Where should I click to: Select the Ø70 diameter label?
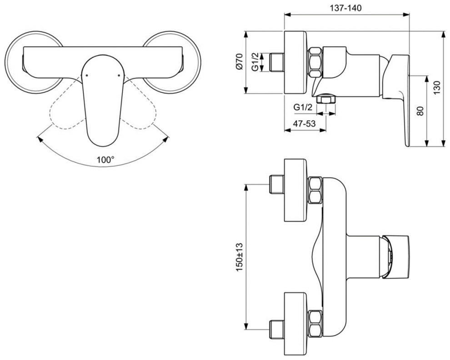(x=240, y=62)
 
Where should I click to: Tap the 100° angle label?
(x=105, y=160)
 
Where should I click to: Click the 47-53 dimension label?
(x=304, y=124)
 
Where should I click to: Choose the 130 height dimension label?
(x=436, y=88)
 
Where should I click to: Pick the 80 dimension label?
(x=420, y=111)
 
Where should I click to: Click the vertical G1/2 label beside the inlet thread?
(x=255, y=62)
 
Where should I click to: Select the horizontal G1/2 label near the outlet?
(x=303, y=107)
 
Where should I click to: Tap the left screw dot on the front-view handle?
(x=87, y=75)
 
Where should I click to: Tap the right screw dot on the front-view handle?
(x=119, y=75)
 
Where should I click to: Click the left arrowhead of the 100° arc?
(x=40, y=139)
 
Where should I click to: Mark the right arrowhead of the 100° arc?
(x=166, y=139)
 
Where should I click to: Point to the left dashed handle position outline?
(x=68, y=110)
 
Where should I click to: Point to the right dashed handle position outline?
(x=138, y=110)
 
